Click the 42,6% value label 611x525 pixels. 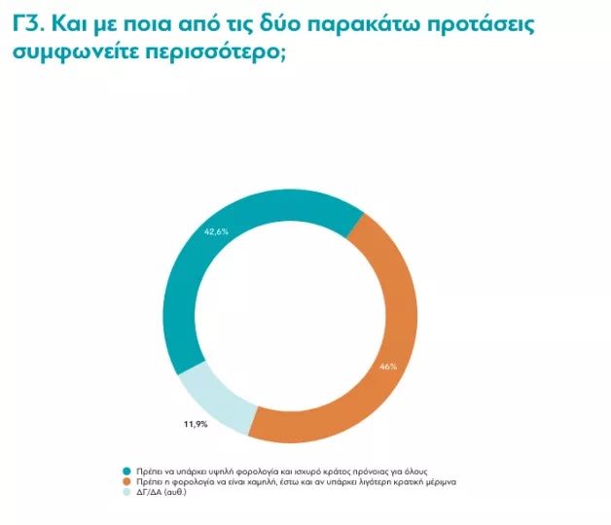(x=215, y=231)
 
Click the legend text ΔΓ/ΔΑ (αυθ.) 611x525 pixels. (x=161, y=492)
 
